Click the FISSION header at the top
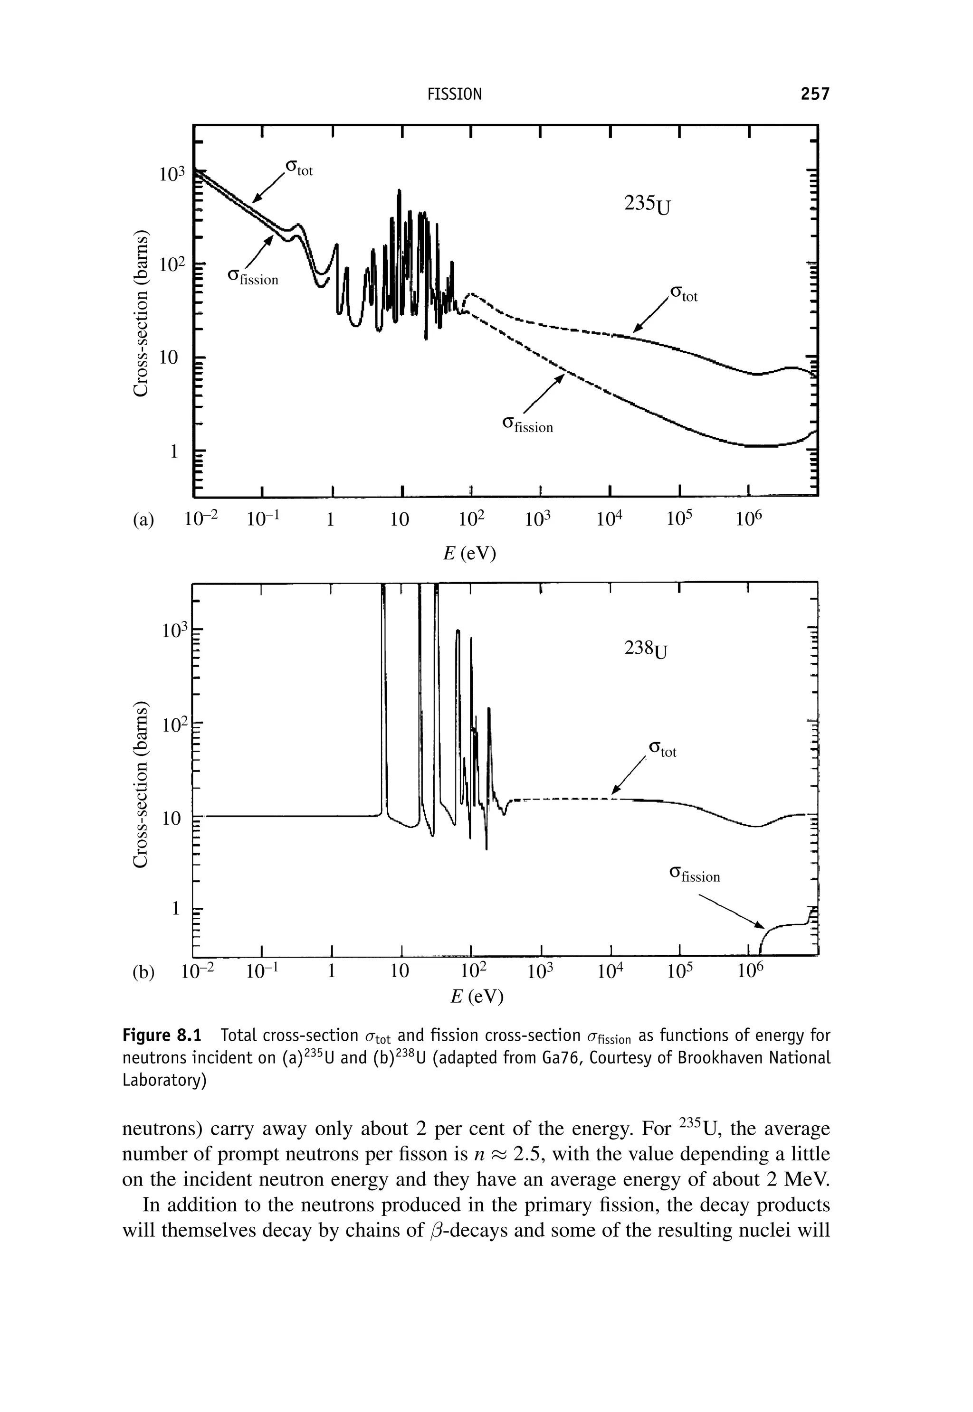(454, 94)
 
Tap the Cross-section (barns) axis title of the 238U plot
(141, 785)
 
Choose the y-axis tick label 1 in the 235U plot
(174, 452)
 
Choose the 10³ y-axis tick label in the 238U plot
(172, 631)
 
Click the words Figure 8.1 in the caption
(162, 1035)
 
